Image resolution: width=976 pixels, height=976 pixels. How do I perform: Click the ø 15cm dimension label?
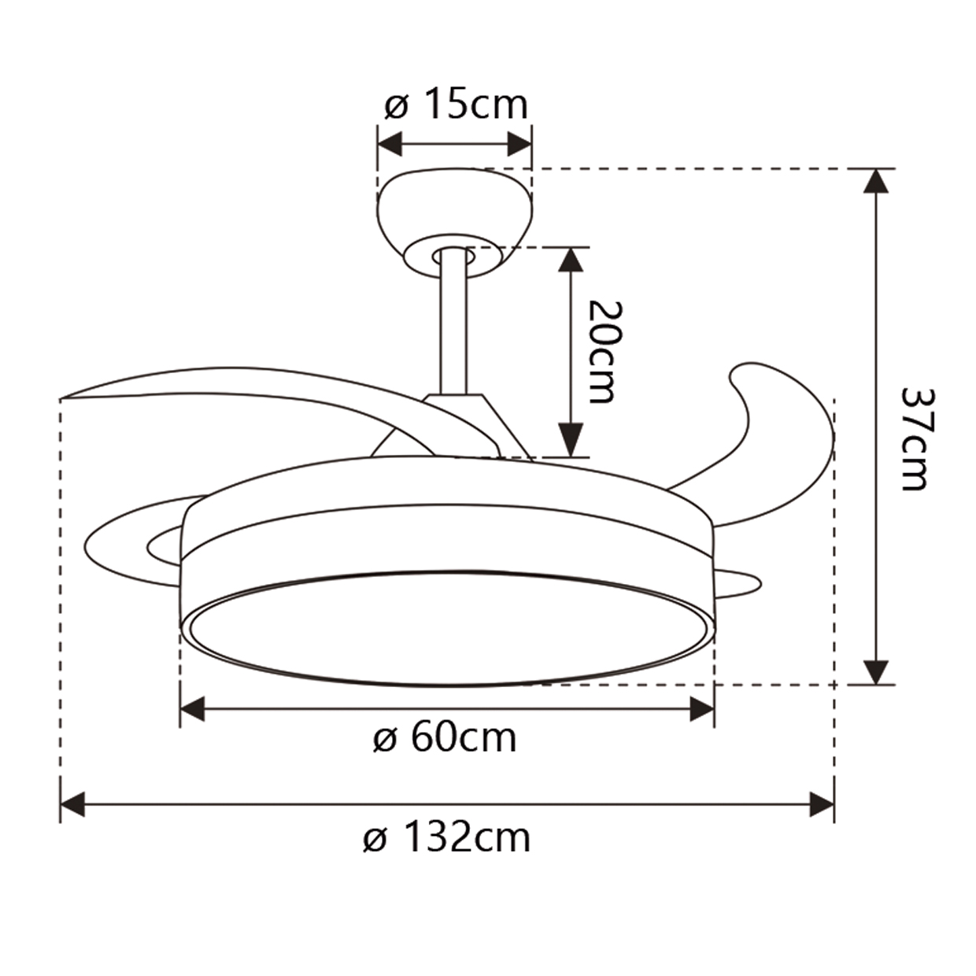pos(456,105)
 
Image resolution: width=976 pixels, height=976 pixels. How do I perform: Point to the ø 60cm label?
pos(445,738)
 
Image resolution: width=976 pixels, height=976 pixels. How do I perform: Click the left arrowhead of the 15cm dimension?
pos(390,145)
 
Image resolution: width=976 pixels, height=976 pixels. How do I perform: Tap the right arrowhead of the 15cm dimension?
pos(520,145)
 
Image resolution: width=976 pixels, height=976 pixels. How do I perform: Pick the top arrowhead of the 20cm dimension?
pos(571,259)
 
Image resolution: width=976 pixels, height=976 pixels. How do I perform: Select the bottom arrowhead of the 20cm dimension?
pos(571,445)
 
